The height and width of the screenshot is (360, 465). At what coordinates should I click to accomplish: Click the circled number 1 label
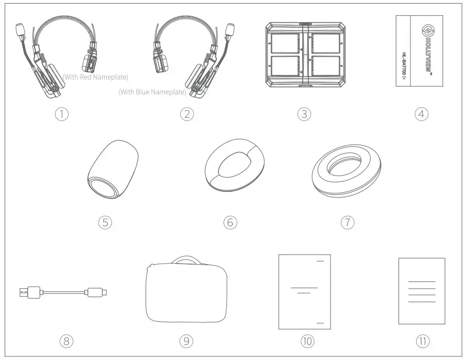coord(62,114)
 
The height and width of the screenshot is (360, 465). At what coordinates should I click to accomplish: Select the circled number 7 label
coord(347,222)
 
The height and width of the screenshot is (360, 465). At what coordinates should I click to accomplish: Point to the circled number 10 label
coord(307,341)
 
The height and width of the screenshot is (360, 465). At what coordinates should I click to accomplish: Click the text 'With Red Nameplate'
coord(95,77)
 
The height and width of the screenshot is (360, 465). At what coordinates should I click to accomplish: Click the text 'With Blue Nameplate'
coord(152,92)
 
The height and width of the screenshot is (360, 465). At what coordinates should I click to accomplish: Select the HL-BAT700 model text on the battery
coord(404,66)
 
